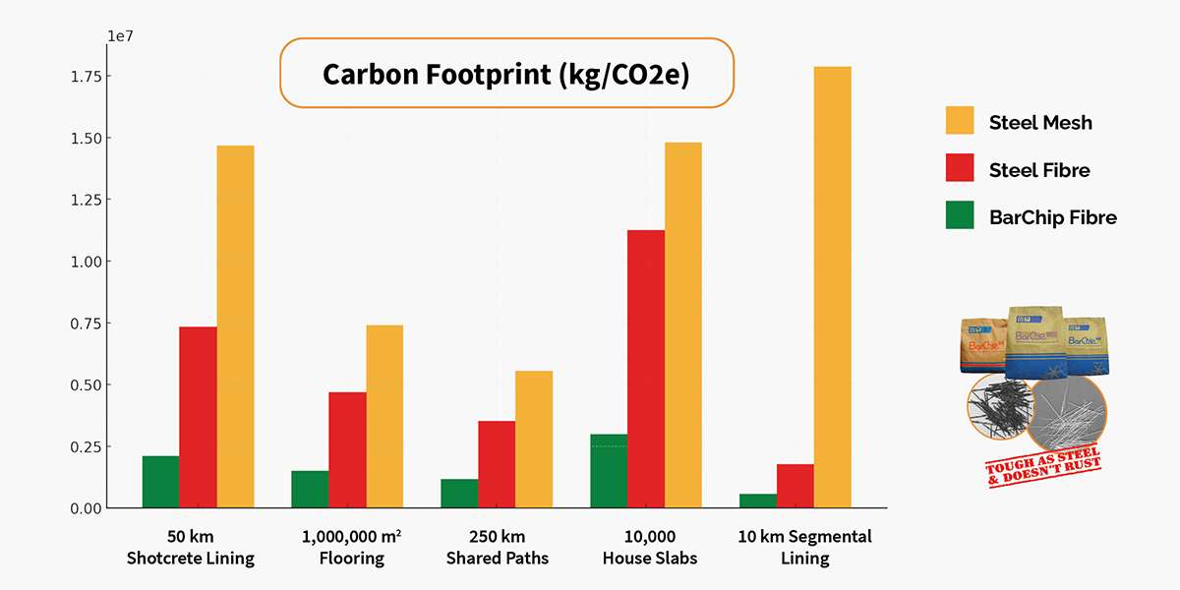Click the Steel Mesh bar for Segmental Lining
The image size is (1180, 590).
click(x=832, y=287)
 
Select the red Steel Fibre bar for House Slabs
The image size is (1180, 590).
click(x=645, y=369)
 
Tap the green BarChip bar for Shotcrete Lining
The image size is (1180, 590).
click(x=160, y=482)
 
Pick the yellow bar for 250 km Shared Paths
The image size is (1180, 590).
click(x=533, y=440)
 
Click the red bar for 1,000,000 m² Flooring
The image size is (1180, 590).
click(x=347, y=450)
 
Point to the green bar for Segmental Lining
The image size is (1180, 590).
click(x=757, y=501)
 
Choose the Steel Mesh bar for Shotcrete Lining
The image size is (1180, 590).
click(x=235, y=326)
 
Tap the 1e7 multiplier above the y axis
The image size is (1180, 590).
click(x=121, y=36)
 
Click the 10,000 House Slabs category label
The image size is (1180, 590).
click(x=648, y=548)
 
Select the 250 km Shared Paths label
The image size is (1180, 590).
click(x=498, y=548)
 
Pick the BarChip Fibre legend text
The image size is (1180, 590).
click(x=1053, y=217)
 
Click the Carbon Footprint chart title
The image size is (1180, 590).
click(x=507, y=74)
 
